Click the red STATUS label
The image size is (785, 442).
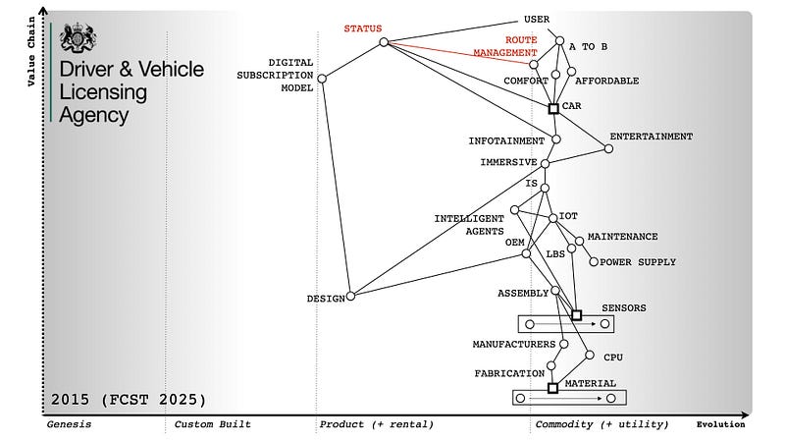coord(362,28)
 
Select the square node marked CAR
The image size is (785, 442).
coord(553,108)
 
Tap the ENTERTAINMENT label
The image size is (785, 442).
coord(651,137)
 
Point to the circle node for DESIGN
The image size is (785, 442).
coord(350,296)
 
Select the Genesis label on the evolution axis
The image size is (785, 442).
coord(69,424)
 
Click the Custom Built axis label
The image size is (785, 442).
coord(212,424)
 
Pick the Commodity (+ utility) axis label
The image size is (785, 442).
coord(602,424)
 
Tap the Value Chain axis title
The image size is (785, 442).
coord(31,50)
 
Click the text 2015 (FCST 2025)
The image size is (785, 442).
coord(129,400)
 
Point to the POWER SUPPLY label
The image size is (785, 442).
coord(629,262)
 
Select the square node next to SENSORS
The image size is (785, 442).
coord(576,315)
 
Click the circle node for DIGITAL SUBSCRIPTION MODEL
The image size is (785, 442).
coord(322,79)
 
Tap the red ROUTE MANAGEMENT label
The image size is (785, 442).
coord(506,46)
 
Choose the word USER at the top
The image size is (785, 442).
coord(537,19)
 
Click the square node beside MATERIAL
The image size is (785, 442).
coord(552,388)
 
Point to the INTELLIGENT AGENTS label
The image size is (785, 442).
coord(469,225)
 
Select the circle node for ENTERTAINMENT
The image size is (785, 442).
coord(608,149)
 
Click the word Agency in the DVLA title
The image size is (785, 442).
coord(94,114)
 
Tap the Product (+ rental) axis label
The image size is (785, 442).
coord(376,424)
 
